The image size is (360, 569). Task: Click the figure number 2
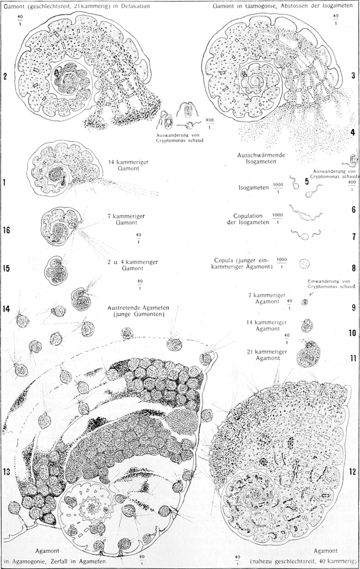click(5, 76)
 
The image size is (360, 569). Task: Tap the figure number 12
click(353, 471)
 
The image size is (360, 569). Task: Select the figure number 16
click(6, 230)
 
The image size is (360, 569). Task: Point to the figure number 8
click(354, 268)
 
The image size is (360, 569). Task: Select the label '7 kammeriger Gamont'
click(126, 219)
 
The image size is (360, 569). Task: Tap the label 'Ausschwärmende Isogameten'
click(261, 158)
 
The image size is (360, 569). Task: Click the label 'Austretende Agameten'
click(138, 308)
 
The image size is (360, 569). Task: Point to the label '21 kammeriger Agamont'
click(267, 355)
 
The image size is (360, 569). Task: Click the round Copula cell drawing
click(304, 264)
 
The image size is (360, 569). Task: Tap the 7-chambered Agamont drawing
click(304, 302)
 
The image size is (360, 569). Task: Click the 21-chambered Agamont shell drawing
click(308, 354)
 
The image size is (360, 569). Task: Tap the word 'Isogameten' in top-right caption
click(338, 6)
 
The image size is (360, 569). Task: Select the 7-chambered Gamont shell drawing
click(60, 226)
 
